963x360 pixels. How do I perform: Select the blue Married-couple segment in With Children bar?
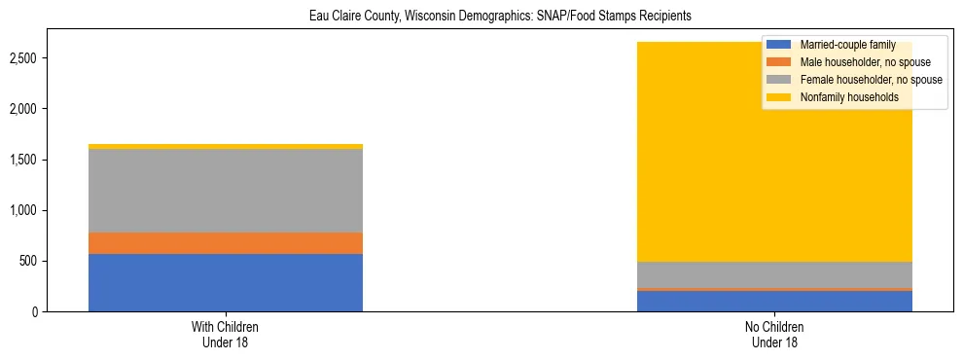[x=226, y=282]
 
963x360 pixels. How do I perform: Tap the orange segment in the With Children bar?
[x=226, y=243]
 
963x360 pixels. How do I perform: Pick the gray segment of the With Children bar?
[x=226, y=191]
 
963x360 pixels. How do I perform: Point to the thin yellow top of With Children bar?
[x=226, y=147]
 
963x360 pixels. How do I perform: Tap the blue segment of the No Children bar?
[x=775, y=302]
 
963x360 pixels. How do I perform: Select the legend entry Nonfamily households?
[x=842, y=97]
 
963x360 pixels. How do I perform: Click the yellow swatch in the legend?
[x=779, y=97]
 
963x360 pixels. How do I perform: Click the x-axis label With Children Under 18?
[x=226, y=335]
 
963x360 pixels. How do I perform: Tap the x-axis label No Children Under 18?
[x=775, y=335]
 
